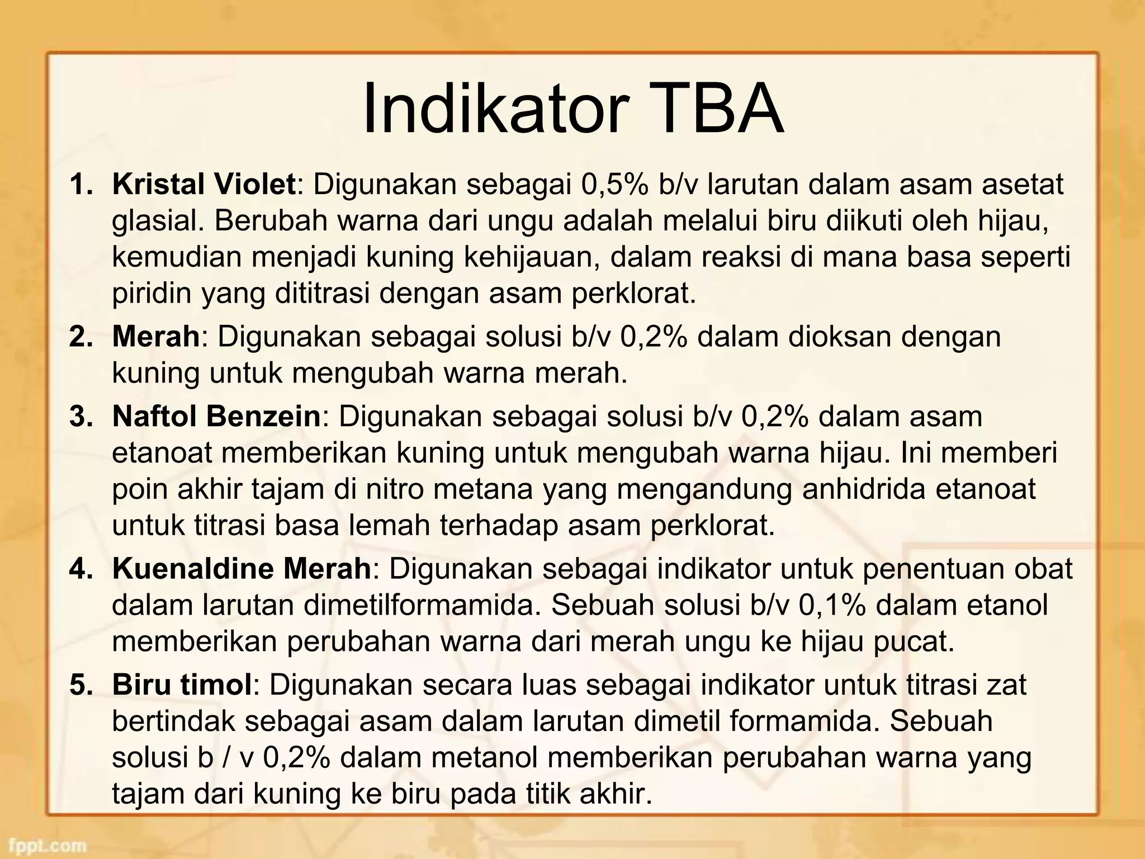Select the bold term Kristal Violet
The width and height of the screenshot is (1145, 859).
[204, 185]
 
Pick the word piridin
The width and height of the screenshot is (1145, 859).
[151, 293]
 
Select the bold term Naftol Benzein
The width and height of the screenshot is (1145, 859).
[216, 417]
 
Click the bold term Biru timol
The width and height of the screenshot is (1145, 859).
[182, 685]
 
